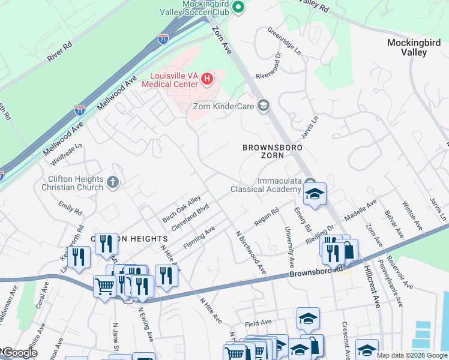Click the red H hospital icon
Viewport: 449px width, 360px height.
coord(207,79)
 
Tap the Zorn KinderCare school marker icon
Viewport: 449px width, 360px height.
coord(263,106)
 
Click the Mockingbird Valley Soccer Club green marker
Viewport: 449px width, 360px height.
coord(238,7)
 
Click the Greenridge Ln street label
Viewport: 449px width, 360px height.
coord(284,40)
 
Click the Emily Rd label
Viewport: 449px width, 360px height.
coord(70,208)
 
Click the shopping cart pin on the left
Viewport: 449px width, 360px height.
coord(104,286)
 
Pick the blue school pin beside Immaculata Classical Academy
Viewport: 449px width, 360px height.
coord(314,193)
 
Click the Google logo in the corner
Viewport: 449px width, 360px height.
coord(19,353)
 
